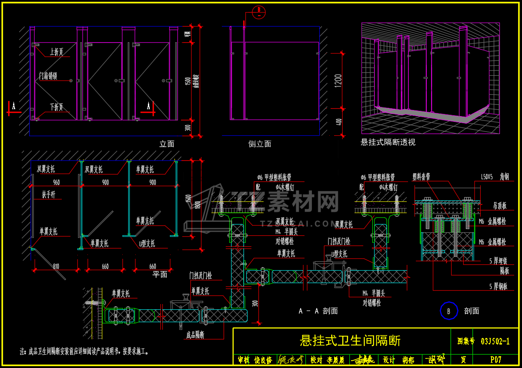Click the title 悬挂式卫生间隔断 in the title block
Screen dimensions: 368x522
350,341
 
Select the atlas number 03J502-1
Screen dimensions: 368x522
495,341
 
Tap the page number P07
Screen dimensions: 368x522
495,360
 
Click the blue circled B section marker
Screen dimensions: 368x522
449,311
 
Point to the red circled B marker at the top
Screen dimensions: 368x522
258,12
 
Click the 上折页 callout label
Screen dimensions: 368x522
56,52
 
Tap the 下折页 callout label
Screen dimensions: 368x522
56,107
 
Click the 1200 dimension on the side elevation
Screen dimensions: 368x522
339,81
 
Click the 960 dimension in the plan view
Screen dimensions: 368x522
57,183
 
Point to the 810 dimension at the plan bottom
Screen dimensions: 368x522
56,266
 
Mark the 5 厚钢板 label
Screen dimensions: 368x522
499,287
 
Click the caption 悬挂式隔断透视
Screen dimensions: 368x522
388,142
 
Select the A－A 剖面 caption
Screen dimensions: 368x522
318,311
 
